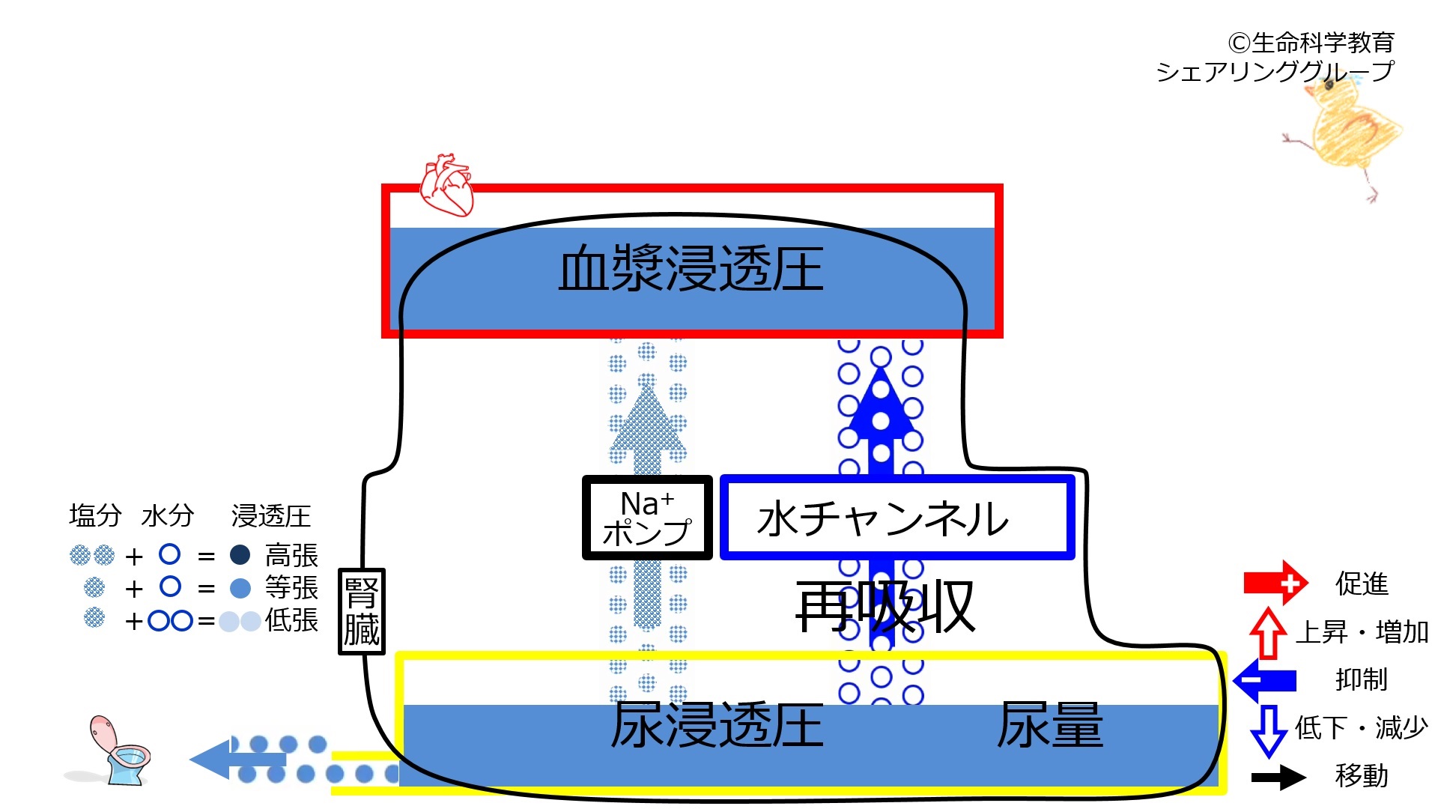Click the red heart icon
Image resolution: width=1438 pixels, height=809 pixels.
tap(446, 185)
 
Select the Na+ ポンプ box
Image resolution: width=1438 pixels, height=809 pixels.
tap(647, 518)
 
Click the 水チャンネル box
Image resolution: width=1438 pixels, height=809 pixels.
tap(897, 518)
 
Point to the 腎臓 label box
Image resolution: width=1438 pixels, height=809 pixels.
tap(362, 611)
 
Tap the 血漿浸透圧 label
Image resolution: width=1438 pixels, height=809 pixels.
tap(691, 268)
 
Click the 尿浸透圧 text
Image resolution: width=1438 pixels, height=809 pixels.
tap(718, 725)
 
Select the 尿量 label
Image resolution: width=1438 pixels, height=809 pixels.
tap(1050, 725)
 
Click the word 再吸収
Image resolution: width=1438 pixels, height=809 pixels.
tap(885, 606)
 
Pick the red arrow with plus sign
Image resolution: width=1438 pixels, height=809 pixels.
tap(1275, 582)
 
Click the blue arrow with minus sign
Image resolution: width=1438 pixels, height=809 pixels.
tap(1265, 680)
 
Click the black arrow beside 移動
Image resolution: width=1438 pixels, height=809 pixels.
tap(1279, 777)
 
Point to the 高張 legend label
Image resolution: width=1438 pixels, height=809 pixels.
tap(291, 556)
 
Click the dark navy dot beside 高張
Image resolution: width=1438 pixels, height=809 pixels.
tap(240, 555)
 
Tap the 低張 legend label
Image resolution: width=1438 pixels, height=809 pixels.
tap(291, 620)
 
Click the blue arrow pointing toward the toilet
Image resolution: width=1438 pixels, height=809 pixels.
tap(238, 760)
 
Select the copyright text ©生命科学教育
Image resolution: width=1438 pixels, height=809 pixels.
tap(1311, 43)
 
